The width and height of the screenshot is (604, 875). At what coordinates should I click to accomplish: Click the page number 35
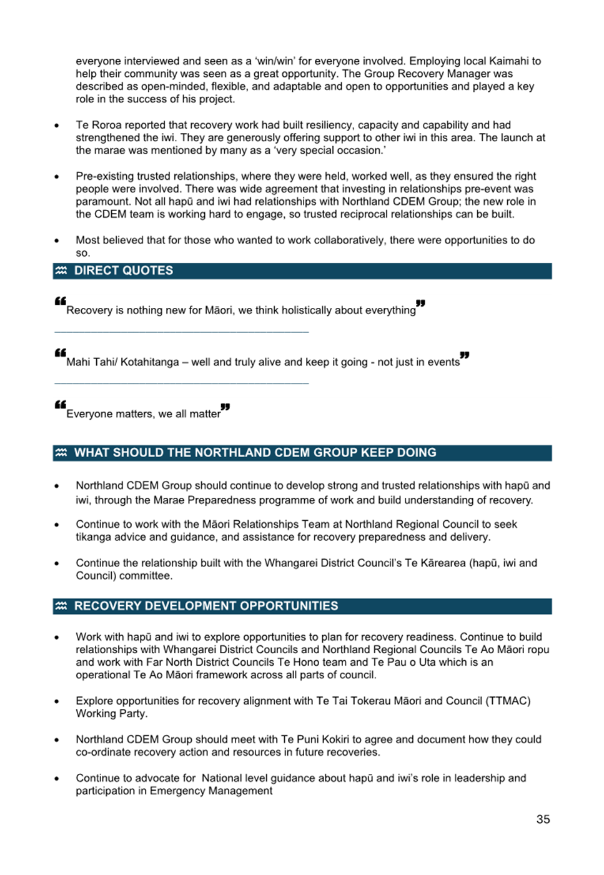point(543,819)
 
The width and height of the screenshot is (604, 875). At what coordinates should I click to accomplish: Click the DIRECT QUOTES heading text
point(124,270)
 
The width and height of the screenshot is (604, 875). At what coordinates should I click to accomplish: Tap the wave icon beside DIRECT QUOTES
point(61,270)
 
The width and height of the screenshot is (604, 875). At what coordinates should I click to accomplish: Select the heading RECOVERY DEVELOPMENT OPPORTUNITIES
point(206,606)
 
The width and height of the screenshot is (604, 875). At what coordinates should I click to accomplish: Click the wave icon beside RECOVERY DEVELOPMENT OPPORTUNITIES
point(61,606)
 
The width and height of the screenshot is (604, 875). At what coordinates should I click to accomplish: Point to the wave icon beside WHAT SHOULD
point(61,453)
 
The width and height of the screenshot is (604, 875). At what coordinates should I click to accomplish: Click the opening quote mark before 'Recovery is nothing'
point(60,301)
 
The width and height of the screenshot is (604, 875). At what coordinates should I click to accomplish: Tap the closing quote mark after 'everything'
point(420,304)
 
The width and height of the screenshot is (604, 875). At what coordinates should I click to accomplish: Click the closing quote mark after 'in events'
point(464,355)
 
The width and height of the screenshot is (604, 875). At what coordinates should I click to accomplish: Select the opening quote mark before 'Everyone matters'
point(60,405)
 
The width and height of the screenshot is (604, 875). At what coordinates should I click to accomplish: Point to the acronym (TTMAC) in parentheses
point(508,701)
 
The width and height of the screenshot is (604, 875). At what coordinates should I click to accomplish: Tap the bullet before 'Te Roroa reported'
point(57,126)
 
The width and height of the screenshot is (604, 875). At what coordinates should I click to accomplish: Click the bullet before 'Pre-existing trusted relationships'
point(57,177)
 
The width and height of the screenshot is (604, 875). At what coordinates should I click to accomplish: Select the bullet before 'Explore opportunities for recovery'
point(57,701)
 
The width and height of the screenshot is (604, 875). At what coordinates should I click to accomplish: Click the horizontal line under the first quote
point(181,332)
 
